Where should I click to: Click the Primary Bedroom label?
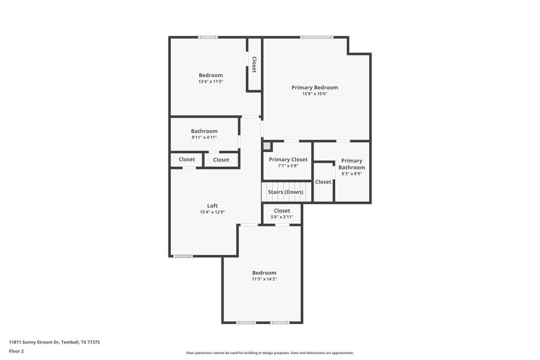[x=315, y=87]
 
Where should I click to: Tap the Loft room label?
[x=212, y=206]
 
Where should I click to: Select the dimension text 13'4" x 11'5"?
[x=211, y=81]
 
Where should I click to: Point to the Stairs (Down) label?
[x=286, y=192]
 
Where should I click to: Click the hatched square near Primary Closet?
[x=267, y=146]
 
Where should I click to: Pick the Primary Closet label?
[x=288, y=159]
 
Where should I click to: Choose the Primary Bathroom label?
[x=352, y=164]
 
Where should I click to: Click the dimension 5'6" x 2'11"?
[x=282, y=217]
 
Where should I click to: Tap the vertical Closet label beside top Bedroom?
[x=254, y=64]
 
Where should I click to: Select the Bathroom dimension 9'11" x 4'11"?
[x=204, y=137]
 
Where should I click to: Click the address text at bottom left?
[x=55, y=342]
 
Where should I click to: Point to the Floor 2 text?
[x=16, y=351]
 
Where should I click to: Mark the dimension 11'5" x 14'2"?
[x=264, y=279]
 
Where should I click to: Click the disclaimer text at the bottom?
[x=270, y=353]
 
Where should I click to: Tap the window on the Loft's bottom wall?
[x=183, y=256]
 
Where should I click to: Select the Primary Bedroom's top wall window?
[x=317, y=37]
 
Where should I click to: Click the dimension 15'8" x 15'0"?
[x=315, y=94]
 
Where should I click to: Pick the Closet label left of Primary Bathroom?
[x=323, y=182]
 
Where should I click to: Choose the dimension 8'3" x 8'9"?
[x=352, y=174]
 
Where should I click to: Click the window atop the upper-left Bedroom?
[x=208, y=37]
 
